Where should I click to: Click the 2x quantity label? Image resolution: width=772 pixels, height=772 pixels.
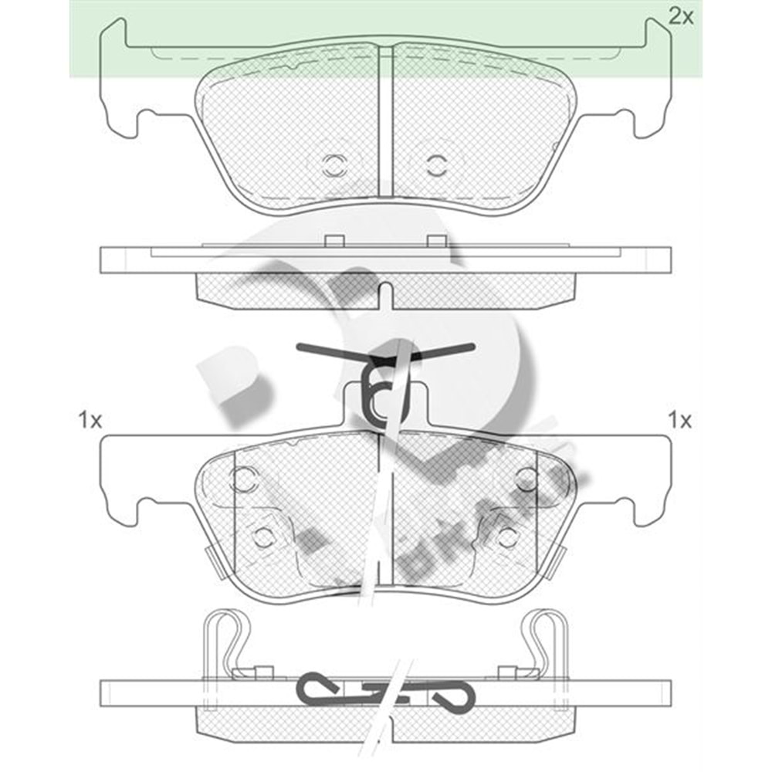coord(681,16)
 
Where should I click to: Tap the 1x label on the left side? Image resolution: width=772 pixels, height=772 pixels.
coord(90,421)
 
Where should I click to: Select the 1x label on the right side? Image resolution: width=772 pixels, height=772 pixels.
coord(680,421)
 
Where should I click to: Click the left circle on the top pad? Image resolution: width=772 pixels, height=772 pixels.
coord(334,164)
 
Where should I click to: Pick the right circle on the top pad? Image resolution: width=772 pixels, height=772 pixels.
coord(437,164)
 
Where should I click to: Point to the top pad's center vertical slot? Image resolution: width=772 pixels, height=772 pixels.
coord(386,124)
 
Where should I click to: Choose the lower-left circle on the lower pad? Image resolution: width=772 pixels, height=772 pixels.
coord(264,536)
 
